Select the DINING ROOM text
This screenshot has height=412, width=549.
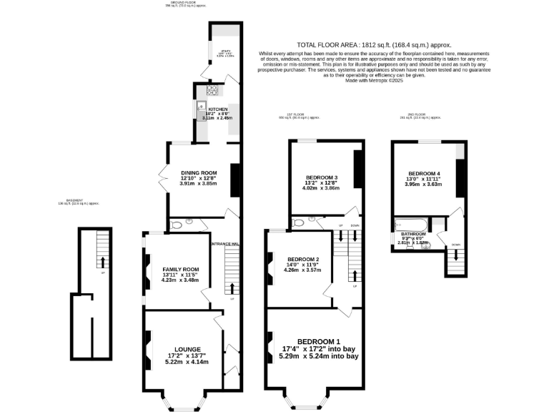click(198, 172)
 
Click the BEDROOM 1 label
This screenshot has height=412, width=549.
click(318, 340)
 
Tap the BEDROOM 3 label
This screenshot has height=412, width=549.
click(322, 177)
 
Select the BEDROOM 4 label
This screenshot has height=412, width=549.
click(424, 173)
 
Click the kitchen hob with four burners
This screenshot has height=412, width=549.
click(212, 90)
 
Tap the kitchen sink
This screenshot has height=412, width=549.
click(199, 108)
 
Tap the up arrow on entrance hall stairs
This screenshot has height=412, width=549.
click(231, 287)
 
